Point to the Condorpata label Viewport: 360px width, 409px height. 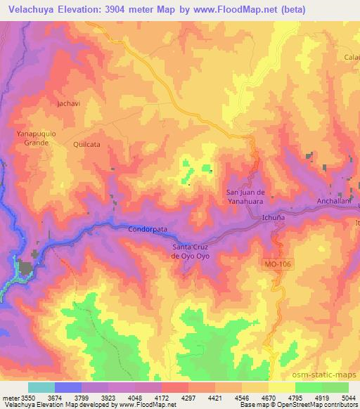(147, 228)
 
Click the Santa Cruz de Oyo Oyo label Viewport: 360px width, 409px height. (191, 252)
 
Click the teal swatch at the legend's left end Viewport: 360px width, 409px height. (41, 387)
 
